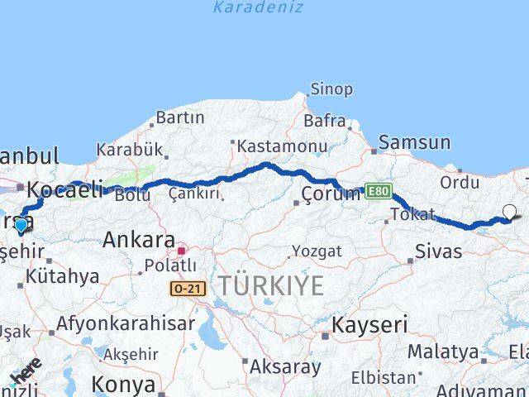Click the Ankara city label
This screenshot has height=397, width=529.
click(x=137, y=241)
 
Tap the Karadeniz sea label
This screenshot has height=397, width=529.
click(x=258, y=7)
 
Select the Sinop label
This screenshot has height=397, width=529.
click(x=331, y=88)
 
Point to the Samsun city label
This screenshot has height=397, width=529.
click(x=415, y=142)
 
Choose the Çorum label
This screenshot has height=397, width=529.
click(x=331, y=195)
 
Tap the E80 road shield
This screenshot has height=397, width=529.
click(x=376, y=190)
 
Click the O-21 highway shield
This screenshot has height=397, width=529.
click(x=188, y=288)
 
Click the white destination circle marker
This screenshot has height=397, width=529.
click(x=509, y=212)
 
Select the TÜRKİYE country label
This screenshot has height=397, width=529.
click(x=271, y=286)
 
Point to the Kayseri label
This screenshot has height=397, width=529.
click(x=369, y=325)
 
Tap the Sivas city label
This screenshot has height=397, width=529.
click(x=438, y=251)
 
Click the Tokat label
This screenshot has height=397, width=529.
click(x=412, y=215)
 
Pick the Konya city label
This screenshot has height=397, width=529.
click(x=123, y=384)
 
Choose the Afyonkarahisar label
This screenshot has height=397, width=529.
click(x=126, y=323)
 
